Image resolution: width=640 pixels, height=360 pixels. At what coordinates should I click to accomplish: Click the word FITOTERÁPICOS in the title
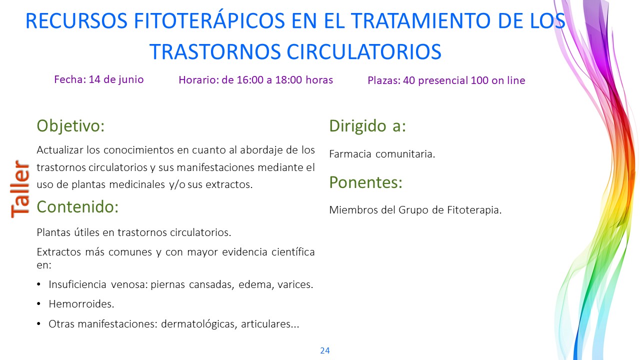click(x=209, y=20)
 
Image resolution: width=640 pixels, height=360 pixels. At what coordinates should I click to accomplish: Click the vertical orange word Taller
click(x=20, y=189)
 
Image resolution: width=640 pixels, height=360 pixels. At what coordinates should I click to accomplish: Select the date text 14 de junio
click(x=116, y=79)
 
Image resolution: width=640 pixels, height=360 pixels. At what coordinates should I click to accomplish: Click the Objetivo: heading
click(x=70, y=125)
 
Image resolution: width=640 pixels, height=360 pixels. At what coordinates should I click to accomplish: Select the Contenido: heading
click(x=77, y=206)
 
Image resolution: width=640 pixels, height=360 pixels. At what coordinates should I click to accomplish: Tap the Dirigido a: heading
click(x=367, y=125)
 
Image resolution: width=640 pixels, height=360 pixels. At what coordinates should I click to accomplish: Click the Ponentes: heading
click(x=365, y=182)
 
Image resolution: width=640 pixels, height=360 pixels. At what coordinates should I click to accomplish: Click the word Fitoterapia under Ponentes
click(x=474, y=210)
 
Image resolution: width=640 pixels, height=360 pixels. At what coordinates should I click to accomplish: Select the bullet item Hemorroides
click(x=81, y=303)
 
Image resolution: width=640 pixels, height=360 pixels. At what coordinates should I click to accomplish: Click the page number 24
click(x=325, y=350)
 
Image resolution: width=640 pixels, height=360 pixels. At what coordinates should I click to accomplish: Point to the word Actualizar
click(x=60, y=150)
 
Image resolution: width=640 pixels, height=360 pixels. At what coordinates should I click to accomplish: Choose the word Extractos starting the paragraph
click(x=58, y=252)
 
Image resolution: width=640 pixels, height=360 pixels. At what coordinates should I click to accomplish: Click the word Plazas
click(x=384, y=80)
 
